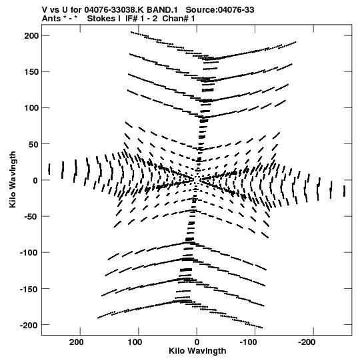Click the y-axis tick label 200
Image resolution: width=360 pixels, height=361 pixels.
(x=31, y=35)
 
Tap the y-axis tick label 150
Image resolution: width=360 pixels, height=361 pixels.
(x=31, y=72)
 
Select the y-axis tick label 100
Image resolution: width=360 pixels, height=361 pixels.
(x=31, y=107)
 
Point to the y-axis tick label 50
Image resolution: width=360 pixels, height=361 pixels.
(x=34, y=144)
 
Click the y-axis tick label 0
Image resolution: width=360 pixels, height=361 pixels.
(x=35, y=180)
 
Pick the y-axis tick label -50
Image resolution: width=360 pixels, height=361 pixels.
(x=31, y=217)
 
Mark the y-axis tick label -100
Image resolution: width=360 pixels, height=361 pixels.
(x=29, y=253)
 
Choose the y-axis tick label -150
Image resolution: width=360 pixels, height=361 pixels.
(x=29, y=289)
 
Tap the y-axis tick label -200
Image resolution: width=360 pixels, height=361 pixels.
(x=29, y=325)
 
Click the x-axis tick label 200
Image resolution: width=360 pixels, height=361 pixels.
(x=77, y=342)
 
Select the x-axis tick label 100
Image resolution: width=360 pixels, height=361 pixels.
(x=135, y=342)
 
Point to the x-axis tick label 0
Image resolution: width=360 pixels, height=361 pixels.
(x=197, y=342)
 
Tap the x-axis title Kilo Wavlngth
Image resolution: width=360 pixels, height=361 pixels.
(x=197, y=351)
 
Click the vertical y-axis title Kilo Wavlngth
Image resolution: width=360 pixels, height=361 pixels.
(x=13, y=179)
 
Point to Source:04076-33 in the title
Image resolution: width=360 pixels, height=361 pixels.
(x=220, y=10)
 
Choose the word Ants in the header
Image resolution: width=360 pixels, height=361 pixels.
(x=51, y=19)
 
